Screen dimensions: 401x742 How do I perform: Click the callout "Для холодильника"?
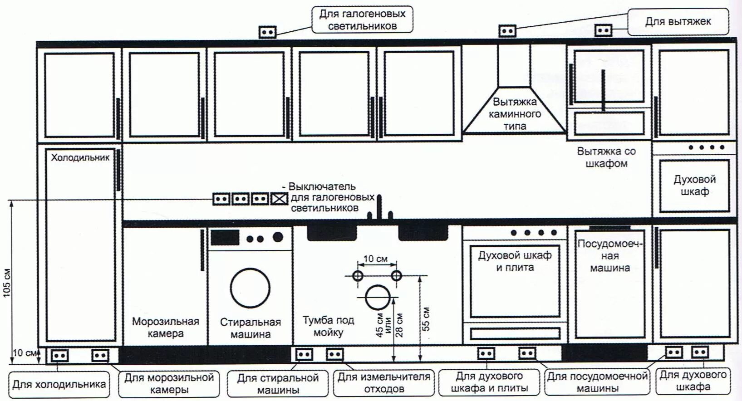click(x=59, y=385)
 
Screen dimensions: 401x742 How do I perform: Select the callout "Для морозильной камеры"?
click(x=169, y=384)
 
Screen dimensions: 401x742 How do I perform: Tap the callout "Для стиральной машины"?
click(x=278, y=384)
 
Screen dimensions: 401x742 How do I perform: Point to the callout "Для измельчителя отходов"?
click(x=384, y=383)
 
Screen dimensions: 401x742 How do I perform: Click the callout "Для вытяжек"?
click(x=678, y=21)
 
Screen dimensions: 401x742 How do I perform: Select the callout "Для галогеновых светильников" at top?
click(x=362, y=20)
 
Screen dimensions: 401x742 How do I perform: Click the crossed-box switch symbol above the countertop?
click(x=279, y=199)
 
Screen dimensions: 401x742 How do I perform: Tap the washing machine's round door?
click(x=250, y=288)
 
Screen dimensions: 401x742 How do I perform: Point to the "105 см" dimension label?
click(x=7, y=283)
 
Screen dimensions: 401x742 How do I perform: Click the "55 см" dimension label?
click(x=426, y=319)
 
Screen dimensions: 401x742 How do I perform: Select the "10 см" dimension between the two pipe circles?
click(x=375, y=259)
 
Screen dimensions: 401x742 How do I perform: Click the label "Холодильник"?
click(x=80, y=158)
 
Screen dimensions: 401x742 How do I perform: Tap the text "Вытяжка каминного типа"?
click(x=515, y=114)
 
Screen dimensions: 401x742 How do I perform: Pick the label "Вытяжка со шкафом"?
click(x=606, y=157)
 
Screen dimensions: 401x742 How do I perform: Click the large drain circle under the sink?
click(x=378, y=298)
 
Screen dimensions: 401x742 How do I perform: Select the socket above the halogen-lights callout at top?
click(x=267, y=32)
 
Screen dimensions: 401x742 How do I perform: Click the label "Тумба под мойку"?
click(x=328, y=326)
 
